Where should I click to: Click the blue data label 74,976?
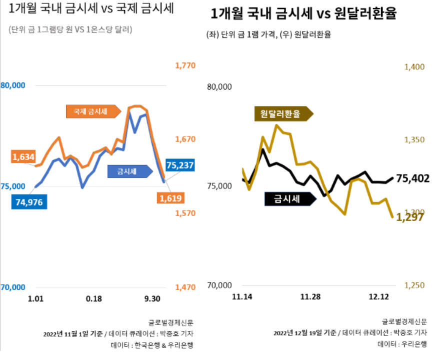29,202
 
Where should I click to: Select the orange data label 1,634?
23,157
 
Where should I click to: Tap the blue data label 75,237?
179,165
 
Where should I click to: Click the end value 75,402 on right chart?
412,178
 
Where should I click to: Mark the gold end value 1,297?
410,217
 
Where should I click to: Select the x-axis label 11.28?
310,296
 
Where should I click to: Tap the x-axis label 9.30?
152,298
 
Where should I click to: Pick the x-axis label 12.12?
378,296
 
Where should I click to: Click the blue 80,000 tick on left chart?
13,85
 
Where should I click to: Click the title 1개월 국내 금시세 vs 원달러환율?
303,14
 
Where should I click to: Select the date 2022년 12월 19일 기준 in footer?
305,332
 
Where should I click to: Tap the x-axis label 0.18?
94,298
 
